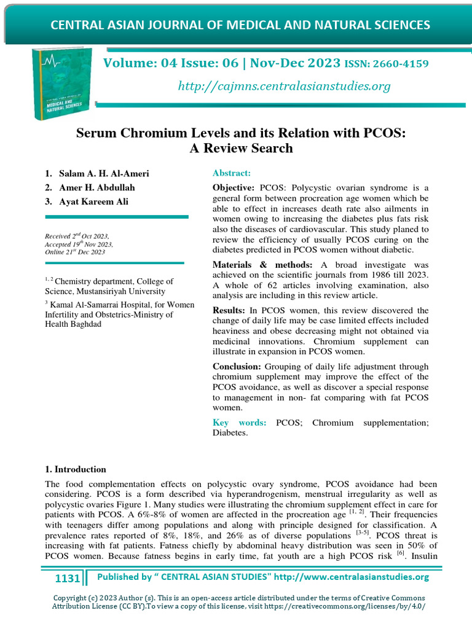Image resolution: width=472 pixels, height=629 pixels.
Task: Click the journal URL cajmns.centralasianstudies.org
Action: pos(284,86)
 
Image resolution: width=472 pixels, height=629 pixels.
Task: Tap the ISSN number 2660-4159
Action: pos(399,64)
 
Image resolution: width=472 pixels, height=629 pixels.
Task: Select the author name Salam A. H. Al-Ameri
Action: pos(104,174)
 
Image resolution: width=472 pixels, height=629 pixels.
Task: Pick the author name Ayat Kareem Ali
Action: pos(94,202)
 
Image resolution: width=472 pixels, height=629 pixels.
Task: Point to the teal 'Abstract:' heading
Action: pos(231,174)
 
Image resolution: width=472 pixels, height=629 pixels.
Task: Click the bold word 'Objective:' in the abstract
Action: pos(234,187)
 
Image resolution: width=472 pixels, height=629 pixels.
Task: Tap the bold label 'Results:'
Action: pos(229,311)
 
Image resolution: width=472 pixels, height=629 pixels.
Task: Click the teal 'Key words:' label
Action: pos(239,423)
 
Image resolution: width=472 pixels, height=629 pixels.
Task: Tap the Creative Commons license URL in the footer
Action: pos(356,606)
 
